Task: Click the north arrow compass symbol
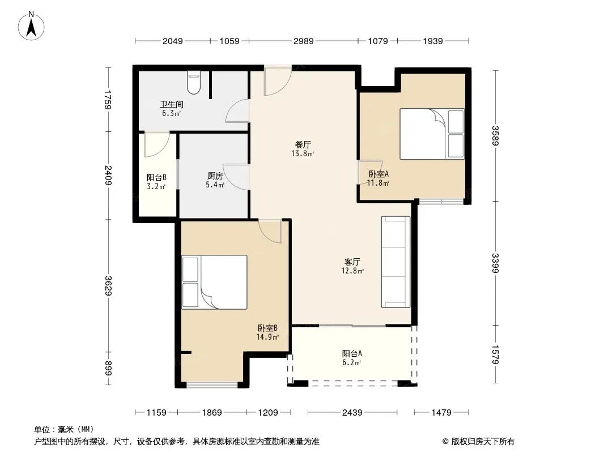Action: pos(31,26)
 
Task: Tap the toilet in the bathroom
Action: pos(194,82)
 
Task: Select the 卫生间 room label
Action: pos(172,104)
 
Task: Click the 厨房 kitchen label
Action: pos(215,176)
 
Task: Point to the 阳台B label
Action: pos(156,177)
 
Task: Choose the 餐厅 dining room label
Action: pos(303,145)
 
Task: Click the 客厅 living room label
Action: pos(352,262)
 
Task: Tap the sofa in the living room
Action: pos(395,262)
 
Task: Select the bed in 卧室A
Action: pos(432,134)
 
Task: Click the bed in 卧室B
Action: pos(214,282)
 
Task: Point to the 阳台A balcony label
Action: pos(352,353)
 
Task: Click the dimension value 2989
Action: pos(304,41)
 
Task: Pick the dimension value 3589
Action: pos(495,136)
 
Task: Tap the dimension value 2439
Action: pos(352,413)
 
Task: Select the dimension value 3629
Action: pos(109,286)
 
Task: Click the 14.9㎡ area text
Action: pos(267,337)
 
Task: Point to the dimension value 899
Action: pos(109,368)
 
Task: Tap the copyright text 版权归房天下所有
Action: pos(483,442)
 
